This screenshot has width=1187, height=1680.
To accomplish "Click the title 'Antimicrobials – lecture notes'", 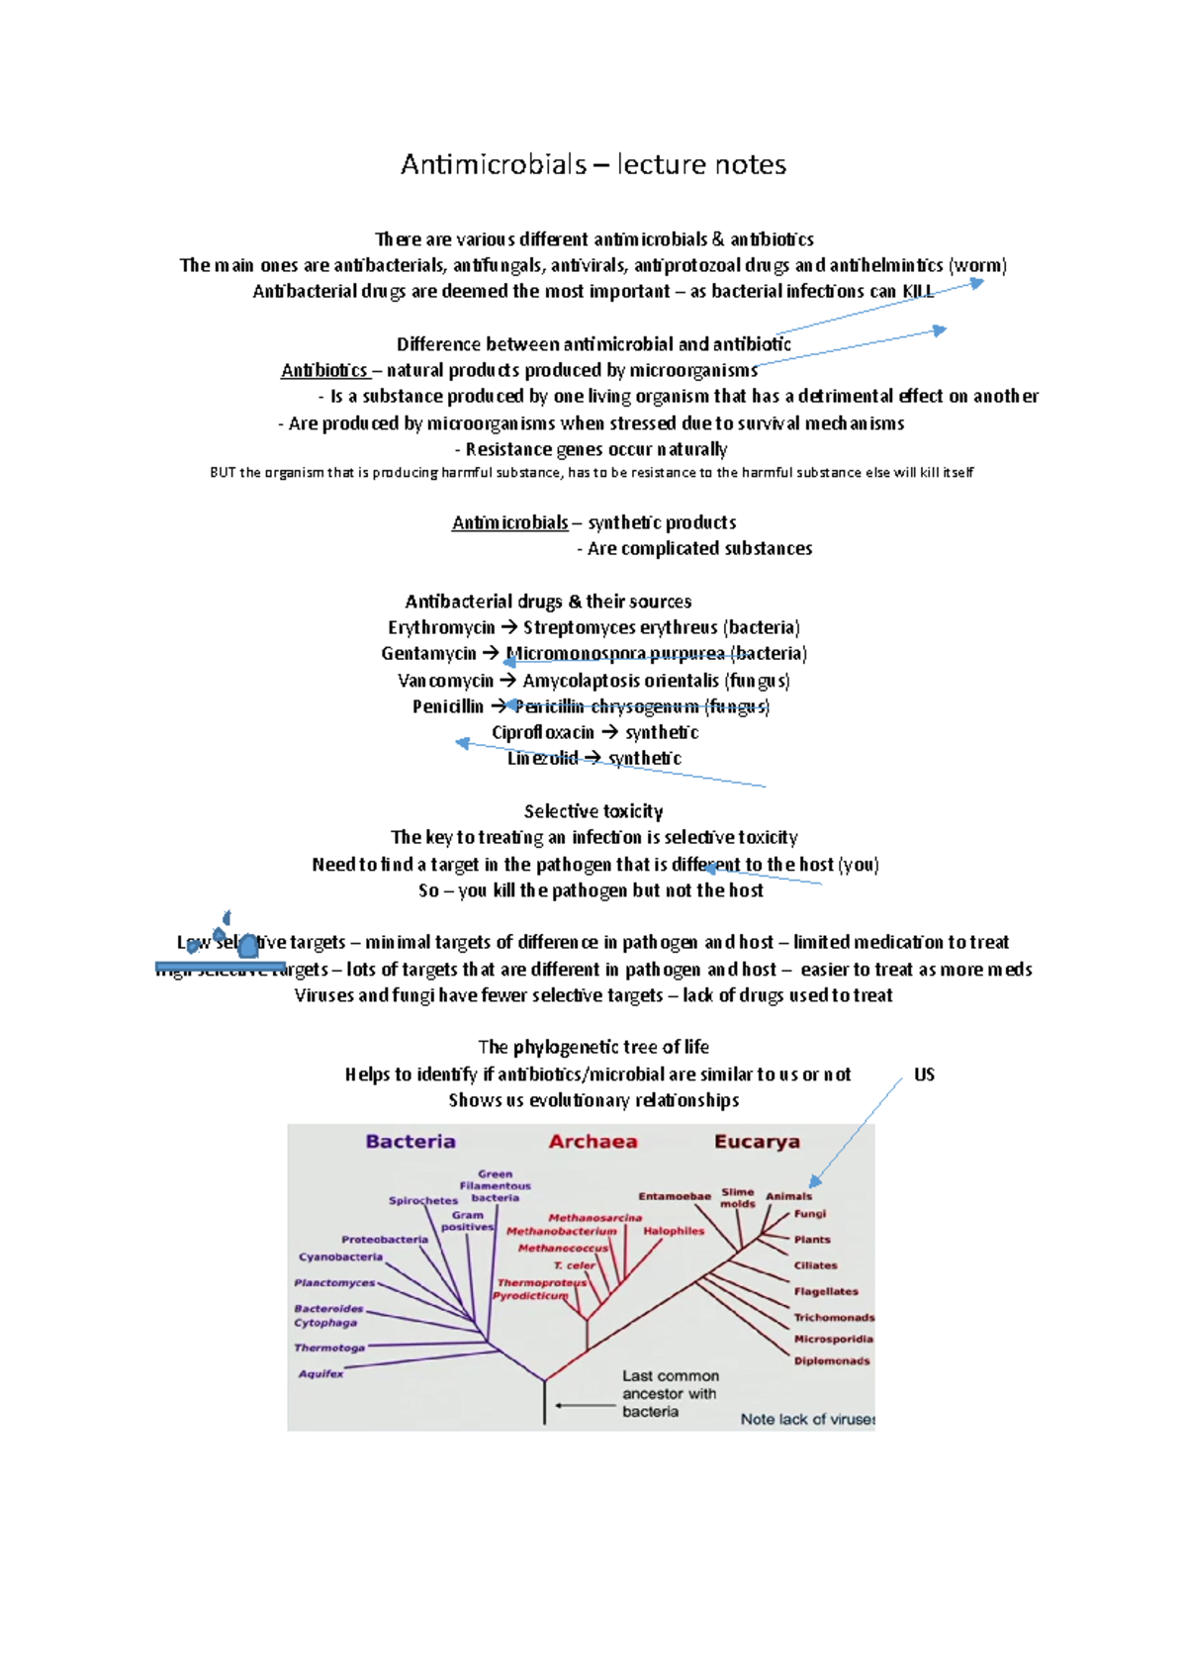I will tap(593, 164).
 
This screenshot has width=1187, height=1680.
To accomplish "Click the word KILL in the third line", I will tap(918, 291).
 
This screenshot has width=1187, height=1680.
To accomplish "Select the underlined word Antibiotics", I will tap(324, 370).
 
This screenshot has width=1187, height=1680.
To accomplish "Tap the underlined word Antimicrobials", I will tap(510, 522).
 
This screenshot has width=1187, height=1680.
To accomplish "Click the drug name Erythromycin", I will tap(441, 627).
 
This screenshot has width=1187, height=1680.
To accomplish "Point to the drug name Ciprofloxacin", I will tap(543, 732).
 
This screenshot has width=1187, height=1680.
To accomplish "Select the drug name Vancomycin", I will tap(445, 681).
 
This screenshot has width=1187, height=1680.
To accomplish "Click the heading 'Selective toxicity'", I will tap(593, 811).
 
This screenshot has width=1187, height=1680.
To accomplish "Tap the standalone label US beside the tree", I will tap(924, 1074).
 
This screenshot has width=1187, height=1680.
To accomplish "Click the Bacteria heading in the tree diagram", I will tap(411, 1142).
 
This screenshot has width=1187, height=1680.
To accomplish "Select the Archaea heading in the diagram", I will tap(593, 1142).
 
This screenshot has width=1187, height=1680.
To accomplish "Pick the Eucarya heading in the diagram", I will tap(757, 1142).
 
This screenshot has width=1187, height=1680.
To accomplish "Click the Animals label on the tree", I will tap(788, 1196).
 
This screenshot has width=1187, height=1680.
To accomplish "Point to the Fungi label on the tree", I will tap(809, 1214).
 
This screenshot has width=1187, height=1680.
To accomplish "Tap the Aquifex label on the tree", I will tap(320, 1373).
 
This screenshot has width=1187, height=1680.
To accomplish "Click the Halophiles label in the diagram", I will tap(674, 1231).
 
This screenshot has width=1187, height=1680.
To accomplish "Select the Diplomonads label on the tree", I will tap(832, 1361).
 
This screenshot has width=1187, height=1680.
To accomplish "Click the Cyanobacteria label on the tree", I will tap(340, 1258).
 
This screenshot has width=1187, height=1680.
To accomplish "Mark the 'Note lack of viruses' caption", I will tap(807, 1419).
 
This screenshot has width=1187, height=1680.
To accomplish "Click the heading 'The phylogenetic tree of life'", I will tap(593, 1047).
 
